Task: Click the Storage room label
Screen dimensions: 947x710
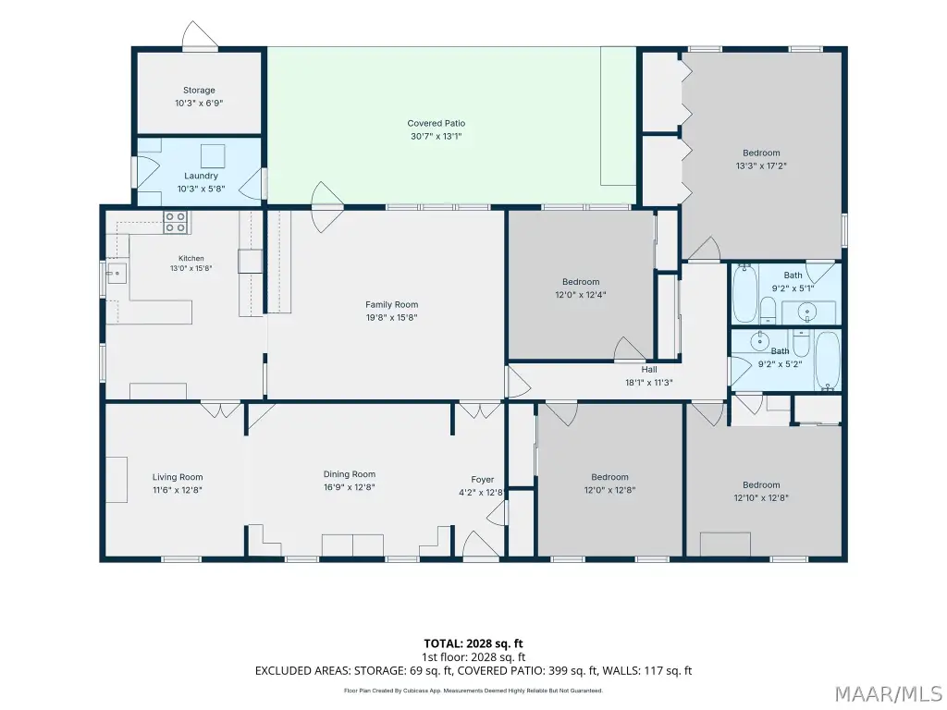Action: coord(199,91)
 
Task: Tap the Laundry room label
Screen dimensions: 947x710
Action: coord(201,176)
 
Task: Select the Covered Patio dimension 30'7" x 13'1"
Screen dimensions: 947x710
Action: coord(437,137)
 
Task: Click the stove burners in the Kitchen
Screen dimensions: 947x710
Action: coord(176,222)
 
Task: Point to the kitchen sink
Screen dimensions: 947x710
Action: coord(116,273)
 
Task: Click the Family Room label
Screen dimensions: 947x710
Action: coord(391,305)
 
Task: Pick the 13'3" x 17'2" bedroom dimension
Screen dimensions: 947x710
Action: coord(761,166)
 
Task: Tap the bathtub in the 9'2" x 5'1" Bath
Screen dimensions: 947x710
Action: coord(745,292)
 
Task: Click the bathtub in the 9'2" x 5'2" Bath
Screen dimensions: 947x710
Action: coord(828,361)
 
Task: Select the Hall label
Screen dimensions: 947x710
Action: coord(649,370)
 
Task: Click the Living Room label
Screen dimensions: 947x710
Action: coord(178,477)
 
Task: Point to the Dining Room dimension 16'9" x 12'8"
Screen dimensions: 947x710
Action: coord(349,487)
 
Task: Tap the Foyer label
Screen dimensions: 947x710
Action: coord(483,480)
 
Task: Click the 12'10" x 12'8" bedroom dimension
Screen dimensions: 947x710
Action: coord(761,498)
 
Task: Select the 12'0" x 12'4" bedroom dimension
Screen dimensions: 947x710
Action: coord(581,295)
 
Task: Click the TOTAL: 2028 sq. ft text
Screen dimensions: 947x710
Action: coord(473,643)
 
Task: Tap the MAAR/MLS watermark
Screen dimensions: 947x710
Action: coord(888,694)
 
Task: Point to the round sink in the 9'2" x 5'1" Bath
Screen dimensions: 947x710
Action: coord(806,312)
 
